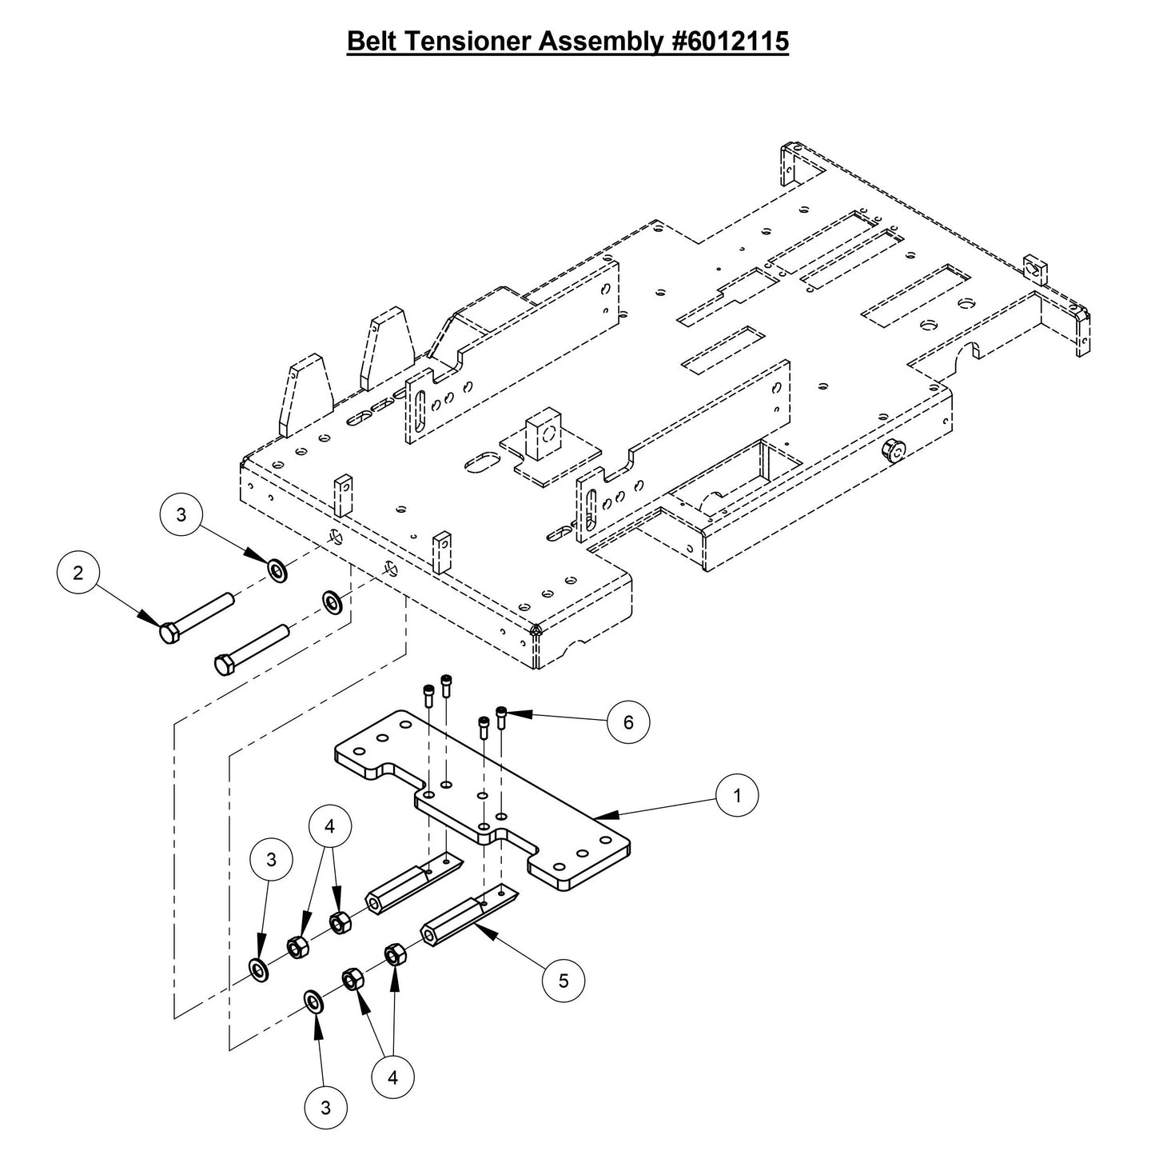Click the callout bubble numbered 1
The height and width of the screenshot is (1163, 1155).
(x=737, y=796)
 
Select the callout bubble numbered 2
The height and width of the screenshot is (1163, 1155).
(x=78, y=573)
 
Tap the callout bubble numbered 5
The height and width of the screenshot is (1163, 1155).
(x=564, y=981)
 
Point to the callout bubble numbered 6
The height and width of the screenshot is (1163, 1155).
(x=628, y=722)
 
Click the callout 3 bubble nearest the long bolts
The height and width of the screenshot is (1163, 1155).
(x=181, y=515)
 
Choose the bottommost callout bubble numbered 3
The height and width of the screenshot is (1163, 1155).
(x=325, y=1108)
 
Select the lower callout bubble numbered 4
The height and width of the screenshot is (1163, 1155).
(x=392, y=1077)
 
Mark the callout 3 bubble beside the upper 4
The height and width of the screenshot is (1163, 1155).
(x=271, y=860)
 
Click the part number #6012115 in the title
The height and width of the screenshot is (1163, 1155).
(x=726, y=42)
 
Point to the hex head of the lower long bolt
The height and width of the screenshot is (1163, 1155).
(x=223, y=665)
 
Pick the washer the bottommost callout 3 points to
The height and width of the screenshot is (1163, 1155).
(x=313, y=1001)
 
